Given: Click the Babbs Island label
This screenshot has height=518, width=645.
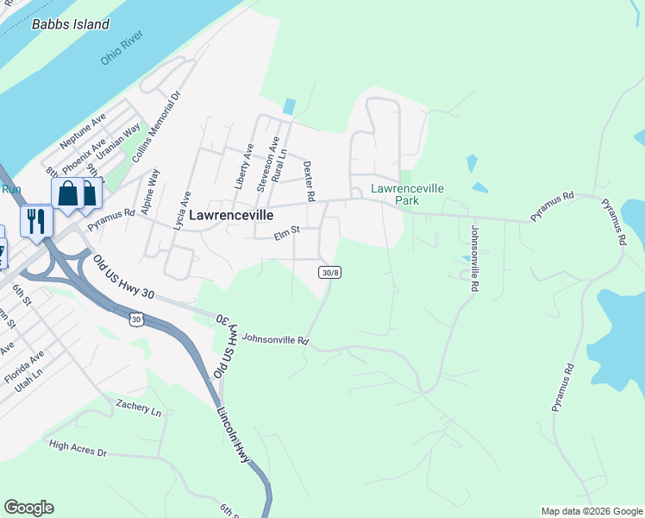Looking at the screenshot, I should [x=71, y=24].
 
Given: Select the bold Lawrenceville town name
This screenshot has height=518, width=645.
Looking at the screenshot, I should [x=231, y=215].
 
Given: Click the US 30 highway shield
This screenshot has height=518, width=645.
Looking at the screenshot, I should [x=136, y=320].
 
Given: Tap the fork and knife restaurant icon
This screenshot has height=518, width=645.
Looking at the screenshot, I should [x=36, y=221].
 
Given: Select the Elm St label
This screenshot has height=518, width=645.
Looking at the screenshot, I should [x=285, y=231].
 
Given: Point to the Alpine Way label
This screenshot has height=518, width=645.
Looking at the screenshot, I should [x=150, y=191].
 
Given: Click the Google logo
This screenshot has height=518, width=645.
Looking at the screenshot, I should [x=28, y=508].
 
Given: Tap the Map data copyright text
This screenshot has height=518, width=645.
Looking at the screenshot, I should [x=592, y=511].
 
